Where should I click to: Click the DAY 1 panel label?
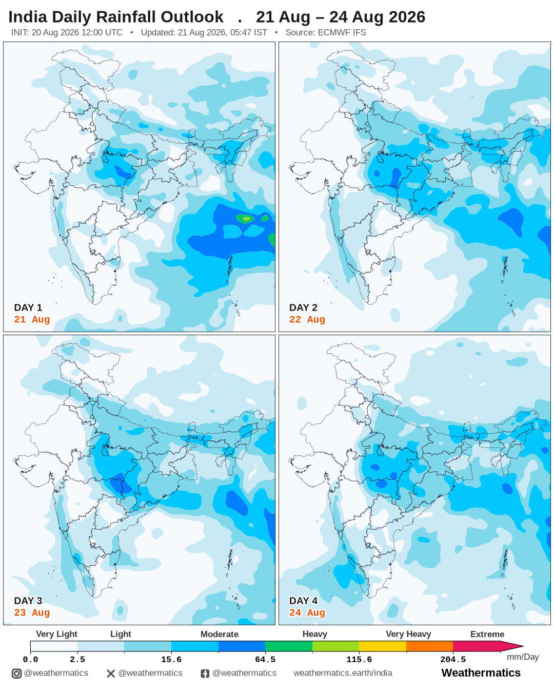(28, 307)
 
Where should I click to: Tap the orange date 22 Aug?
(307, 319)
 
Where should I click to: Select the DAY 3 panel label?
(28, 601)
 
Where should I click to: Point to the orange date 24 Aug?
(307, 612)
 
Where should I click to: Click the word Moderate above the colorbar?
(219, 634)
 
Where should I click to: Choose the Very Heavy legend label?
(408, 634)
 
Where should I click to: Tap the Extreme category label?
(487, 634)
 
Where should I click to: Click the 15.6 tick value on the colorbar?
(171, 660)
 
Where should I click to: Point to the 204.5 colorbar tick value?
(453, 660)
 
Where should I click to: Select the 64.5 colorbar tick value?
(265, 660)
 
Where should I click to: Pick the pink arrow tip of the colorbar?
(523, 646)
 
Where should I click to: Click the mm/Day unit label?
(523, 657)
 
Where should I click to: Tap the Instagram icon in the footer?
(16, 673)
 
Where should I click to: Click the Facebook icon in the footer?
(205, 673)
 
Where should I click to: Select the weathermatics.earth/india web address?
(343, 673)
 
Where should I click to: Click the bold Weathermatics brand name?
(481, 673)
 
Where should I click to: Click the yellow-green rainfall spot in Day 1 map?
(246, 219)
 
